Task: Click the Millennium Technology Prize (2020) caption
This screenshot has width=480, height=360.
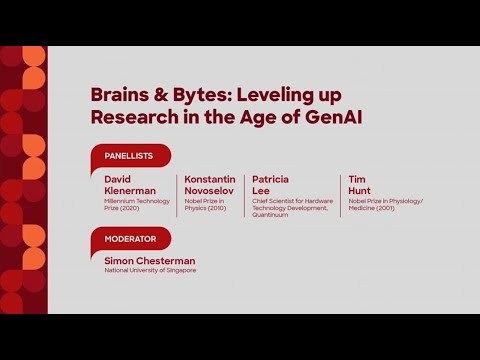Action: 137,204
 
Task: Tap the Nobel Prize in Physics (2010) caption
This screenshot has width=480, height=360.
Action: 206,204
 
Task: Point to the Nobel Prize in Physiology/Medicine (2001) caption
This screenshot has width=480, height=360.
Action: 385,204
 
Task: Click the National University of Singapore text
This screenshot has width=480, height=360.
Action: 150,270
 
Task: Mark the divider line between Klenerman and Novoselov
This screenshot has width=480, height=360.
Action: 177,194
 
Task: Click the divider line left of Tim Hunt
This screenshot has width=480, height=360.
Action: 340,194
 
